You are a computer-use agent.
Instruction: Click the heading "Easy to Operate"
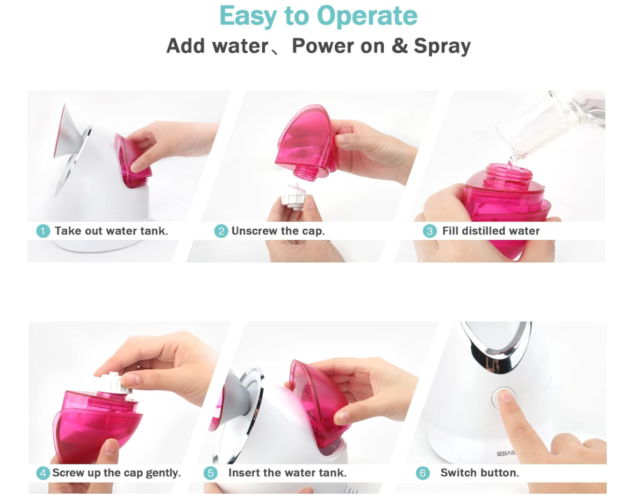tap(318, 17)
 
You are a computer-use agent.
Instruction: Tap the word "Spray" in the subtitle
tap(442, 47)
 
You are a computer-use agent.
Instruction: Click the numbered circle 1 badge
tap(43, 231)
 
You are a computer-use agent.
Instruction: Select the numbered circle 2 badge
tap(221, 231)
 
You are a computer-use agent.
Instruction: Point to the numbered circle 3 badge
tap(430, 231)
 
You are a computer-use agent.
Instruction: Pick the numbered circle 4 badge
tap(43, 473)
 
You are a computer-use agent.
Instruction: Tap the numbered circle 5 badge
tap(210, 473)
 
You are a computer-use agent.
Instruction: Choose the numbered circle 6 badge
tap(423, 473)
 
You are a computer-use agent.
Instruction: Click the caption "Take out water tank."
tap(111, 231)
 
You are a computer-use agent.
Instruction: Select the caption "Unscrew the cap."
tap(278, 231)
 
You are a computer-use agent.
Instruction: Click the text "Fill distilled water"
tap(491, 231)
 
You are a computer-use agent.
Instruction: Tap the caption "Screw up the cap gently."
tap(116, 473)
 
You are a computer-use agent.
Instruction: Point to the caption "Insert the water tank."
tap(287, 473)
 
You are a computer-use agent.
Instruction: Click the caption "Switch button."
tap(480, 473)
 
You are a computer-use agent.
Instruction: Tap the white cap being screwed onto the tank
tap(113, 383)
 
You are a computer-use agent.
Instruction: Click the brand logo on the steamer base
tap(506, 453)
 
